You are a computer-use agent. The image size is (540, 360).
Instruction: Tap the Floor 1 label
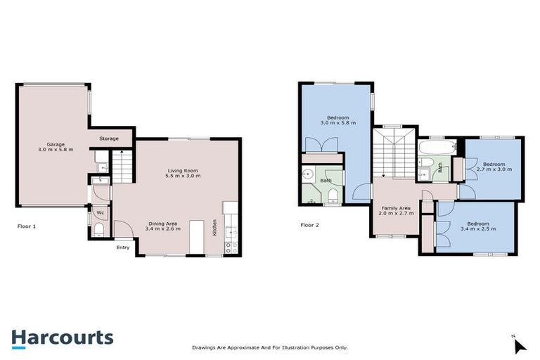tap(27, 226)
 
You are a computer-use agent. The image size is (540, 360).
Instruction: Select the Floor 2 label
tap(309, 225)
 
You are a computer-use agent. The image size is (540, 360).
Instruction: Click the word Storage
tap(109, 139)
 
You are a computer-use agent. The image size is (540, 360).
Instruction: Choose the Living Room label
tap(183, 172)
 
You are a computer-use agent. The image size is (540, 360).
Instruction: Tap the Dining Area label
tap(162, 226)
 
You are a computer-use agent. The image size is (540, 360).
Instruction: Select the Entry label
tap(123, 247)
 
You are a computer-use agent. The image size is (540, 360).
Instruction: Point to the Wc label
tap(100, 212)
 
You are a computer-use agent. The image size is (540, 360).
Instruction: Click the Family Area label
tap(396, 210)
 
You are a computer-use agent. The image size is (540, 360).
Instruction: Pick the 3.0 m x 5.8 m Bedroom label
tap(338, 120)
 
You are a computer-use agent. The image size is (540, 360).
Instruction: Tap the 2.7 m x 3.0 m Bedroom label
tap(494, 167)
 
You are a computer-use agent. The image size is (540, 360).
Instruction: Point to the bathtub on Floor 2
tap(437, 149)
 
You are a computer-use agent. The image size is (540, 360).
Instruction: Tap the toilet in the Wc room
tap(98, 231)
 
